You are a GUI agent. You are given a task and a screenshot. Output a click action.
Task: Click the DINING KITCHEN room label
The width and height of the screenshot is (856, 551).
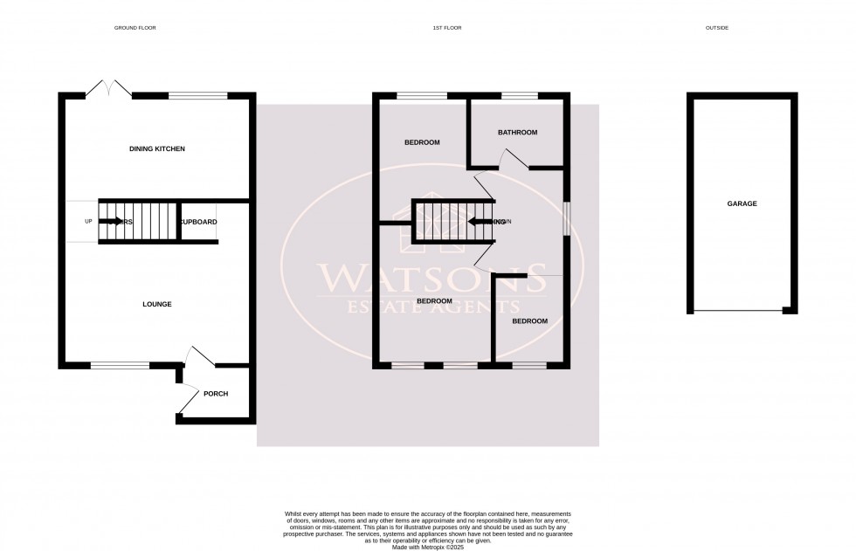(157, 149)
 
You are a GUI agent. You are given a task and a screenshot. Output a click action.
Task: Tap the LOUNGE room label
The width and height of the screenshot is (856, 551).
(157, 304)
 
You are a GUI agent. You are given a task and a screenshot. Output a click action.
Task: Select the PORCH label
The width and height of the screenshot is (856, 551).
(216, 394)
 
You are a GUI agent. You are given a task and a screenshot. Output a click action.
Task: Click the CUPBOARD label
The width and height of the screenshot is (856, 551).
(198, 222)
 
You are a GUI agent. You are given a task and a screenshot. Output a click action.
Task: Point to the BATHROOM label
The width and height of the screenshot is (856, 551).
(517, 133)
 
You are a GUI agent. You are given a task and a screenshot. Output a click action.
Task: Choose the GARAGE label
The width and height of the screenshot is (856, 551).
(742, 203)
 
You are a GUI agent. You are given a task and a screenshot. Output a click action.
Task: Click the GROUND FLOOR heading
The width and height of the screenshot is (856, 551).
(135, 28)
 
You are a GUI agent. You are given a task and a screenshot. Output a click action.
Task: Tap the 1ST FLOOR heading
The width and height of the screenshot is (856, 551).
(446, 28)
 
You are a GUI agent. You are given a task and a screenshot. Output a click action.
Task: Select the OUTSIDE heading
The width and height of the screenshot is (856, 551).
(716, 28)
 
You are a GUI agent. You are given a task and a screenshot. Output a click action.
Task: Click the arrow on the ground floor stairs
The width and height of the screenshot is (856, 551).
(111, 222)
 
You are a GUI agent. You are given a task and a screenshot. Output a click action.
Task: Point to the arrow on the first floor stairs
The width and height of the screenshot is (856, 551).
(480, 222)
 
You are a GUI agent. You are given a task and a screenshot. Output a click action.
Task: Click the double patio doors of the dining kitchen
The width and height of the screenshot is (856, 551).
(108, 87)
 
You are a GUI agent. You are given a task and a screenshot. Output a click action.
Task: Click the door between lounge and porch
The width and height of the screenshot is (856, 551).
(199, 355)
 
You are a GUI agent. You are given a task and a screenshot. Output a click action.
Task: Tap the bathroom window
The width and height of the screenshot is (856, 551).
(519, 94)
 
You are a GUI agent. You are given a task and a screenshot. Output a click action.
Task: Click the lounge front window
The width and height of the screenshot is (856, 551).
(120, 365)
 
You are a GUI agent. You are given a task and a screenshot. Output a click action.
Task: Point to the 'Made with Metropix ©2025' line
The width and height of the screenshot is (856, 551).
(428, 547)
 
